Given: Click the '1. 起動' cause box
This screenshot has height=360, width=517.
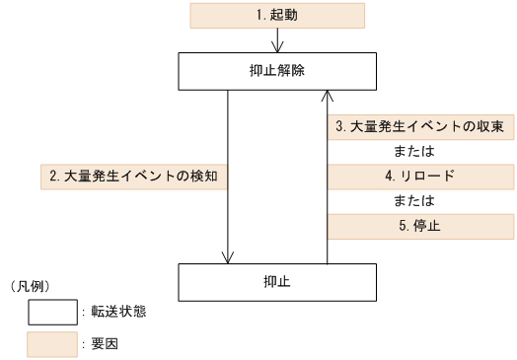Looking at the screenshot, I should (276, 15).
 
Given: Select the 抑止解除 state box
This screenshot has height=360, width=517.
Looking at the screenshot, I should (276, 70).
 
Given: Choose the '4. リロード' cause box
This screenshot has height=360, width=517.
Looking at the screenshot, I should (420, 177).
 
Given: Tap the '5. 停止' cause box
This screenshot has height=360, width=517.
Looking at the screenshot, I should (420, 227).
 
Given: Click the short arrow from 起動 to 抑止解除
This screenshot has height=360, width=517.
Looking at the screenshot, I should (280, 39).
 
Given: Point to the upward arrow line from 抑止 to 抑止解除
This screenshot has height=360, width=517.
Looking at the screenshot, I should (327, 178).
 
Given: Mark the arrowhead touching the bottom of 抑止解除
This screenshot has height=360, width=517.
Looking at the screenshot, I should (327, 96).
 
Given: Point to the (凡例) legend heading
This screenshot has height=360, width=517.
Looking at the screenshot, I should (29, 286).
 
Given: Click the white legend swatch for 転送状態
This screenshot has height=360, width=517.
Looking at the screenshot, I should (52, 313).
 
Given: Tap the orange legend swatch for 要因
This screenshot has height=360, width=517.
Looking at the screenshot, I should (52, 344).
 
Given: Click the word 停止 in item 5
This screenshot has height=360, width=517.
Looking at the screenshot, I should (427, 227).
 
